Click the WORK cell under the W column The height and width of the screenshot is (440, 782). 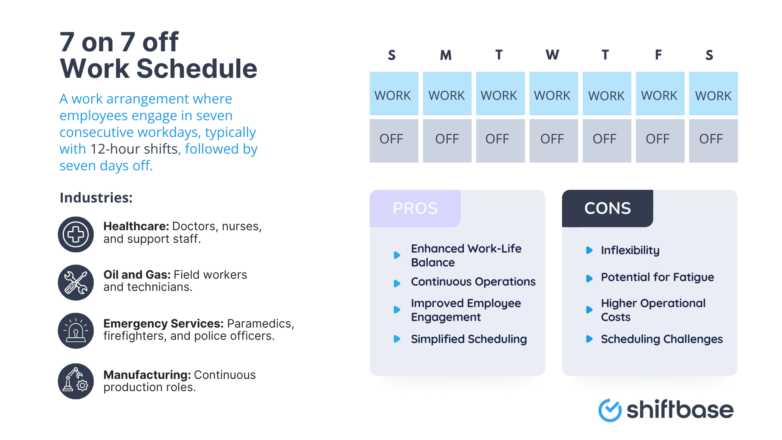click(553, 94)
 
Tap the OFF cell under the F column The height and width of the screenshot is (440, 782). click(659, 141)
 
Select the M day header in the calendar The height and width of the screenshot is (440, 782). click(446, 55)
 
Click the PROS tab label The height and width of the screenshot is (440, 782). click(415, 208)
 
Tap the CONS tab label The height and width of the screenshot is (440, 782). click(607, 208)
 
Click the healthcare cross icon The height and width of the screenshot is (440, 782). click(76, 234)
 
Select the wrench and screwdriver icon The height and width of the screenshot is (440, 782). click(76, 282)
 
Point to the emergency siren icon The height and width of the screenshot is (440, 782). click(76, 330)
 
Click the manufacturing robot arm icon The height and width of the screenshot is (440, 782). click(76, 381)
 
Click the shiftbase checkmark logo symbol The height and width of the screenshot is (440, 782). click(610, 410)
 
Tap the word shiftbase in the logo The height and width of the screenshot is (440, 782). click(680, 409)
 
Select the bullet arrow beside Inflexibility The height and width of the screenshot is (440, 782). click(589, 250)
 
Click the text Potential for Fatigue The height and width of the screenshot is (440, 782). click(657, 277)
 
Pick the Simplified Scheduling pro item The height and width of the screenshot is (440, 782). click(468, 339)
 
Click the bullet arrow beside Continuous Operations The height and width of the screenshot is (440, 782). click(397, 283)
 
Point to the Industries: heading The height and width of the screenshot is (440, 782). click(96, 198)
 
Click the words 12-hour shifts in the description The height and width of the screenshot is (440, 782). click(134, 149)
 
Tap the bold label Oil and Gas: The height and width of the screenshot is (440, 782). click(137, 275)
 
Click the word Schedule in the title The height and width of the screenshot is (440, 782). click(197, 68)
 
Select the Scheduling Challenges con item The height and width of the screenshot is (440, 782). click(661, 339)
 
